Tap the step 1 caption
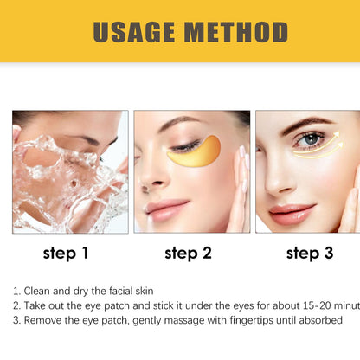pyautogui.click(x=66, y=254)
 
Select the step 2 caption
pyautogui.click(x=187, y=254)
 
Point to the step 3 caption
pyautogui.click(x=309, y=254)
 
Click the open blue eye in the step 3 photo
pyautogui.click(x=310, y=139)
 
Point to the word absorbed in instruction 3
pyautogui.click(x=320, y=320)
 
